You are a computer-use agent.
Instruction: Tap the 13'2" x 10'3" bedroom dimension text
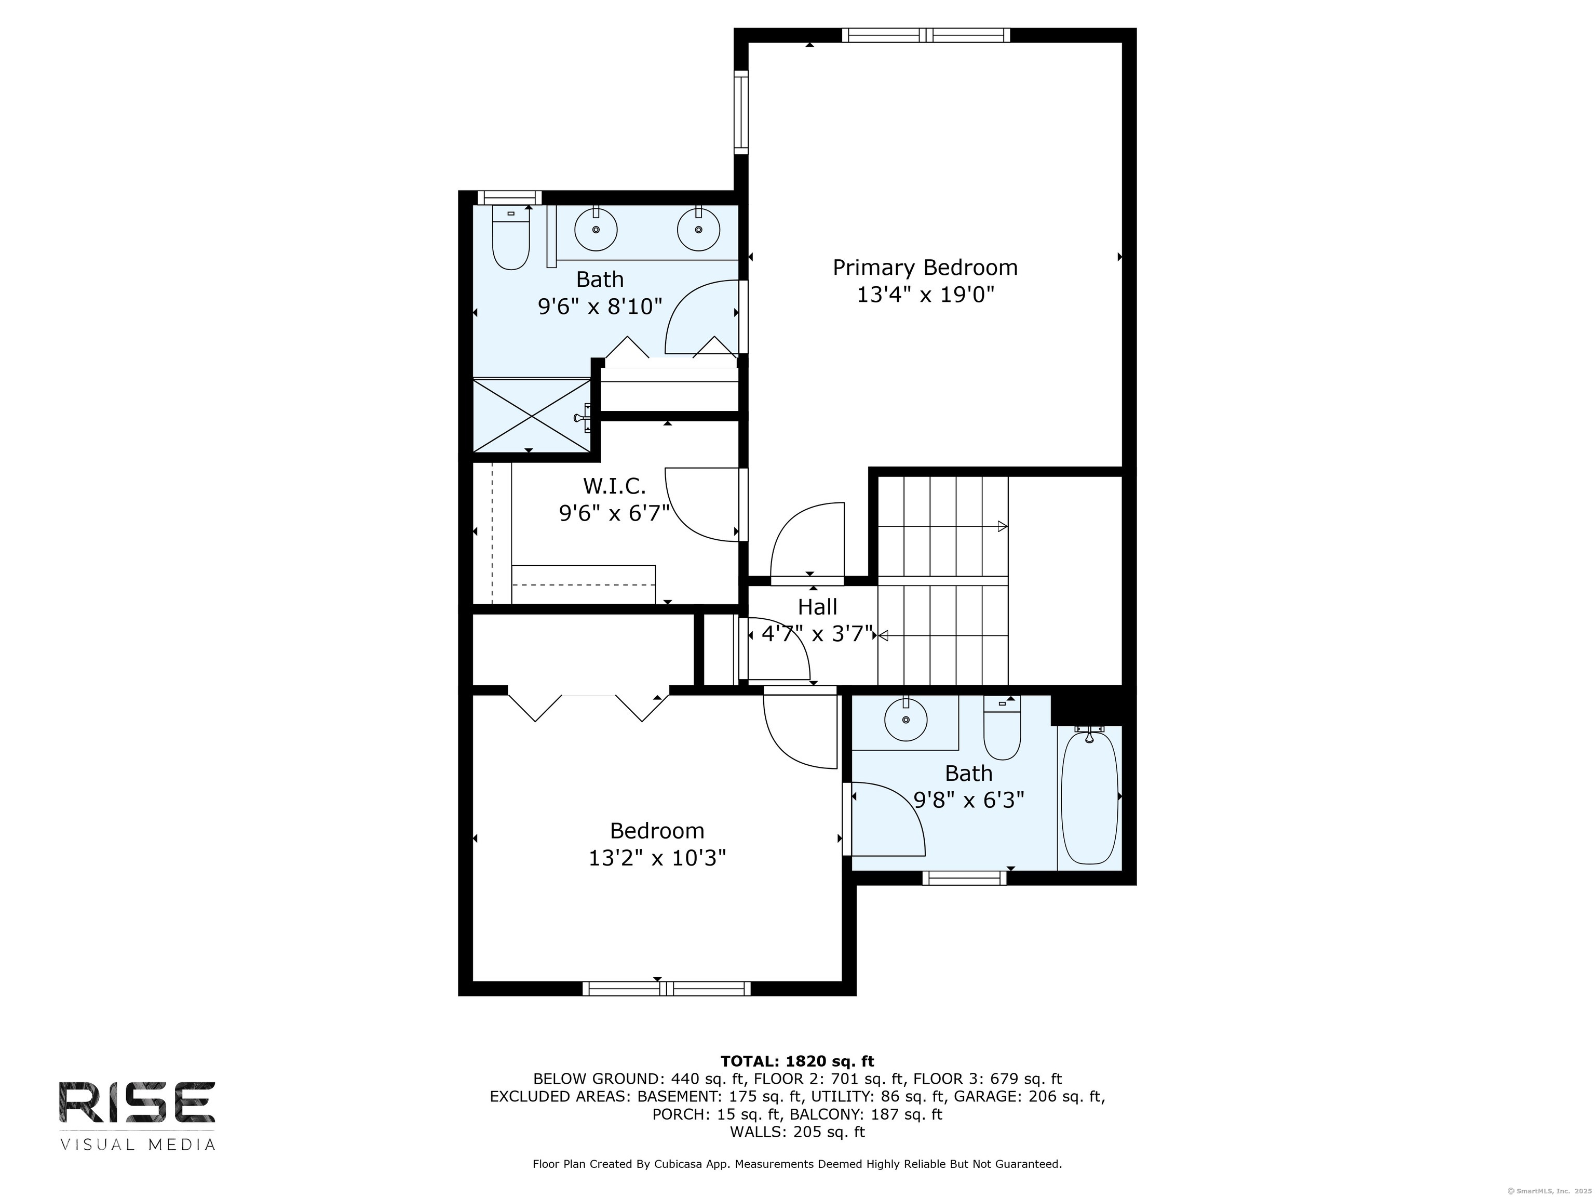coord(657,858)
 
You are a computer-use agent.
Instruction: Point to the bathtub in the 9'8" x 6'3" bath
coord(1089,796)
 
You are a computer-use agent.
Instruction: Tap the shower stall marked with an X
coord(532,416)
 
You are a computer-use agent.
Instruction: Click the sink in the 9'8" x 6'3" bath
coord(905,720)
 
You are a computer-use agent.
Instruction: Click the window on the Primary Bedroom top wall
coord(926,35)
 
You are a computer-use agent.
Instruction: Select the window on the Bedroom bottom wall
coord(666,989)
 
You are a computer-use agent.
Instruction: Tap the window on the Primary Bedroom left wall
coord(740,112)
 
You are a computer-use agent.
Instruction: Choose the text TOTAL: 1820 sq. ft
coord(797,1061)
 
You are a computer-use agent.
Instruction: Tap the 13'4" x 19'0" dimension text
coord(925,295)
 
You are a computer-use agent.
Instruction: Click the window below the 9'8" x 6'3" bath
coord(964,878)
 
